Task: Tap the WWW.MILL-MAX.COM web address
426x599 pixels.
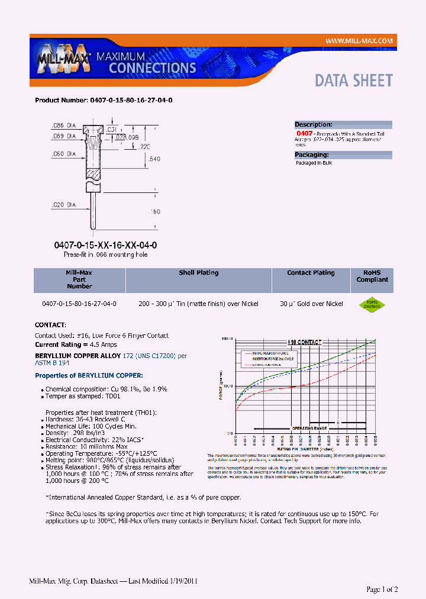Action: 359,40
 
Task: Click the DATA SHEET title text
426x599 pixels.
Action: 353,80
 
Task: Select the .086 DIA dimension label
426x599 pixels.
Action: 62,126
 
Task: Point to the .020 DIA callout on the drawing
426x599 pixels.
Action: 62,205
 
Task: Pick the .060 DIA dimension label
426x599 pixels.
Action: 62,154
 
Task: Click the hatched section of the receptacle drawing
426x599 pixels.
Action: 93,175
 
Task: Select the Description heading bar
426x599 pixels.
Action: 343,124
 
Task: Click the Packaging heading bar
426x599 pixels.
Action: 343,154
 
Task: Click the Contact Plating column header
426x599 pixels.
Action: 311,273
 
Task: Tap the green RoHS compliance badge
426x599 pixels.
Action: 372,304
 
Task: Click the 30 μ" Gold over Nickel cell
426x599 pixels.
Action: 311,304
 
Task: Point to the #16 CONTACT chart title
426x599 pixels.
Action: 305,342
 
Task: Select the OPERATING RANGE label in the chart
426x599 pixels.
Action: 309,428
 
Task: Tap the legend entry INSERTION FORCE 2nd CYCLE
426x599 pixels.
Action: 273,359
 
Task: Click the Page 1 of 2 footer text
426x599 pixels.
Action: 382,589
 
